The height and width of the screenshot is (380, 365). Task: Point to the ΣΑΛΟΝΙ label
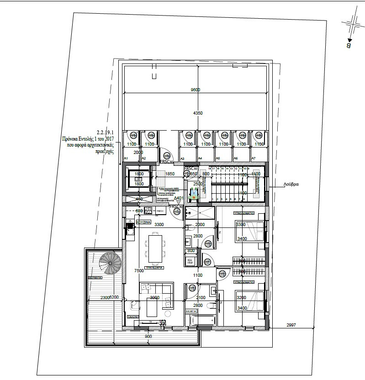click(x=133, y=316)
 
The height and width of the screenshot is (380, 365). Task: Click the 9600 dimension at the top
click(x=195, y=90)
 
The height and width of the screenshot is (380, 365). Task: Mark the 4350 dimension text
click(x=197, y=113)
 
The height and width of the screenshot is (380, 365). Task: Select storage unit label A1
click(x=126, y=158)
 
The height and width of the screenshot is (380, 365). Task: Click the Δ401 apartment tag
click(x=179, y=198)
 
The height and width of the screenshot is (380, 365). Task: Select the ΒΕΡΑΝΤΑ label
click(x=95, y=277)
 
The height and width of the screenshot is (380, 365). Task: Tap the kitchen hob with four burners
click(x=148, y=211)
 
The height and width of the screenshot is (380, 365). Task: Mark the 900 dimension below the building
click(x=148, y=337)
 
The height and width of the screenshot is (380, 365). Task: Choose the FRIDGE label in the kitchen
click(x=159, y=211)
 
